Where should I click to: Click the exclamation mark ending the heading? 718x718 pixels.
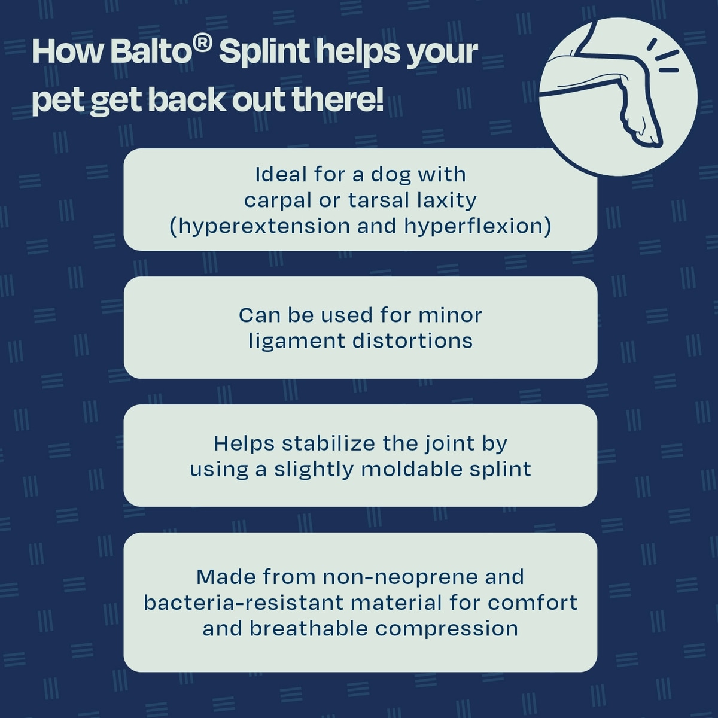(379, 99)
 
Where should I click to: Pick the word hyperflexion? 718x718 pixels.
(474, 227)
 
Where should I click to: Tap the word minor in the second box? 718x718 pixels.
(450, 315)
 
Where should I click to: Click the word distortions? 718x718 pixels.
(412, 341)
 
